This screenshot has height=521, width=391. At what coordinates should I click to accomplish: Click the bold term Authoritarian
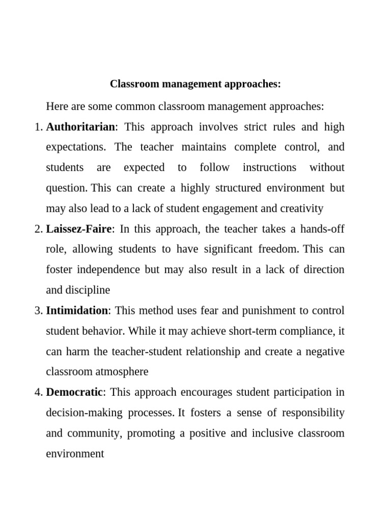point(81,127)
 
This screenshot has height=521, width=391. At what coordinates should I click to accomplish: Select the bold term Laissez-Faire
point(78,229)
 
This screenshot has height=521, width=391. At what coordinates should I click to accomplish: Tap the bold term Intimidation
point(77,310)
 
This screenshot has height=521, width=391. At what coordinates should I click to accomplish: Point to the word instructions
point(269,167)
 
